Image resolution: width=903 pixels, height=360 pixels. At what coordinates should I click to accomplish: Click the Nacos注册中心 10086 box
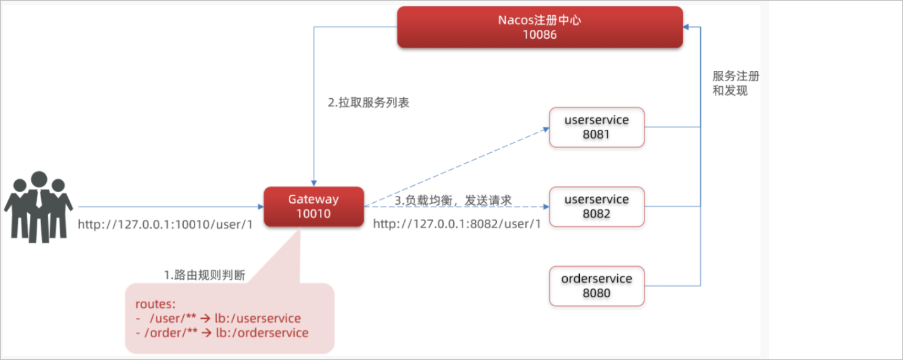coord(540,27)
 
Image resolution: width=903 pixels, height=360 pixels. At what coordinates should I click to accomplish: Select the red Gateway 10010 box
coord(314,207)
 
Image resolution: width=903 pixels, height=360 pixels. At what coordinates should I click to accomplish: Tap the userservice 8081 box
coord(596,127)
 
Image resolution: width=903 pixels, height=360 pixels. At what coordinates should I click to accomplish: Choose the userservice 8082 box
coord(596,207)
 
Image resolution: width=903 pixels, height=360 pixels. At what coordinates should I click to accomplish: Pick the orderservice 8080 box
coord(596,286)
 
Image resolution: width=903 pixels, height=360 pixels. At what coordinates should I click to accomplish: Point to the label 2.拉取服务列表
coord(368,102)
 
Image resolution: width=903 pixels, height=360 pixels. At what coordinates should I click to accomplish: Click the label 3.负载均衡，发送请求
coord(453,200)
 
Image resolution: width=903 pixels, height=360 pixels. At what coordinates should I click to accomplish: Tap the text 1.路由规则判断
coord(205,275)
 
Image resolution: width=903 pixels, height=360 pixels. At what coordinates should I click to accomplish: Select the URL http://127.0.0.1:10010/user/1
coord(165,224)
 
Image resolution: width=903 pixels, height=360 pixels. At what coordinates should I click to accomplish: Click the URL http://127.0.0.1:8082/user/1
coord(457,224)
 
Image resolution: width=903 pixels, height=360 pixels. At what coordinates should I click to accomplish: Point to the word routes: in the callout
coord(155,304)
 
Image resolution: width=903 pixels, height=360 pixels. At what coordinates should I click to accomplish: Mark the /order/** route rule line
coord(222,333)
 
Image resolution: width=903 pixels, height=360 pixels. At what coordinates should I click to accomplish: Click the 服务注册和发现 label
coord(736,83)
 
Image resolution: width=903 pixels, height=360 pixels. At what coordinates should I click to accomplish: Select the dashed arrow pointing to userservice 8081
coord(456,167)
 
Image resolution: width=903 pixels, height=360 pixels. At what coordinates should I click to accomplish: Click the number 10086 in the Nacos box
coord(540,35)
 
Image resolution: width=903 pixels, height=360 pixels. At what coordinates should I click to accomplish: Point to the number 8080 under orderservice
coord(596,293)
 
